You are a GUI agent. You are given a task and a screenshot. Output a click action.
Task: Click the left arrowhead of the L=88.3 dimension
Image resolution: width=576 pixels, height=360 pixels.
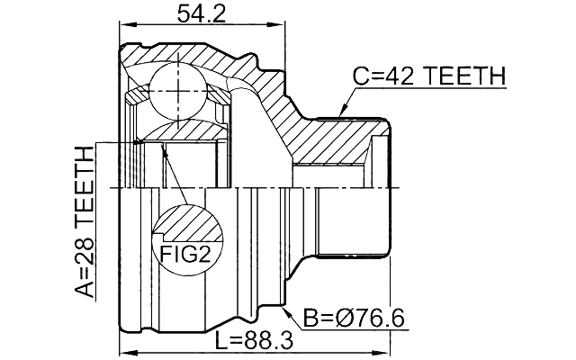coord(124,353)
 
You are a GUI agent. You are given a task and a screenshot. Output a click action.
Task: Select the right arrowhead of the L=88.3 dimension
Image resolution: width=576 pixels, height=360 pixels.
coord(388,353)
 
